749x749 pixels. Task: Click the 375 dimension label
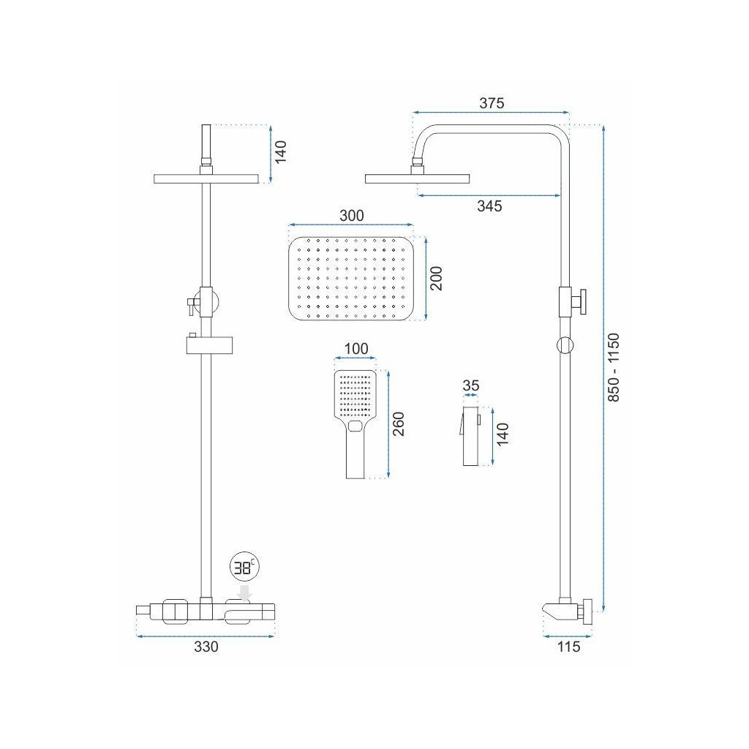pyautogui.click(x=492, y=103)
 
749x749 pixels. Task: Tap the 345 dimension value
pyautogui.click(x=489, y=206)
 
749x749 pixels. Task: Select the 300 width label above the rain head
pyautogui.click(x=352, y=216)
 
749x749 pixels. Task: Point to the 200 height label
pyautogui.click(x=437, y=279)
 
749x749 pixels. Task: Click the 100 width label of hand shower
pyautogui.click(x=355, y=349)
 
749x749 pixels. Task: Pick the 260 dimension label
pyautogui.click(x=399, y=424)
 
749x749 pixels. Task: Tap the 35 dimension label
pyautogui.click(x=471, y=385)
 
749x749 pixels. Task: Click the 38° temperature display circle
pyautogui.click(x=243, y=567)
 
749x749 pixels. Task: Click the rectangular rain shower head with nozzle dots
pyautogui.click(x=352, y=279)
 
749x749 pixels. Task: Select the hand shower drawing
pyautogui.click(x=355, y=423)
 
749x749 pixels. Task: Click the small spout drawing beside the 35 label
pyautogui.click(x=470, y=436)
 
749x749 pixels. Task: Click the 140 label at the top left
pyautogui.click(x=282, y=151)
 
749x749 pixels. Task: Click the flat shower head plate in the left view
pyautogui.click(x=206, y=178)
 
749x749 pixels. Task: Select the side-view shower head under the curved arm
pyautogui.click(x=417, y=178)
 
